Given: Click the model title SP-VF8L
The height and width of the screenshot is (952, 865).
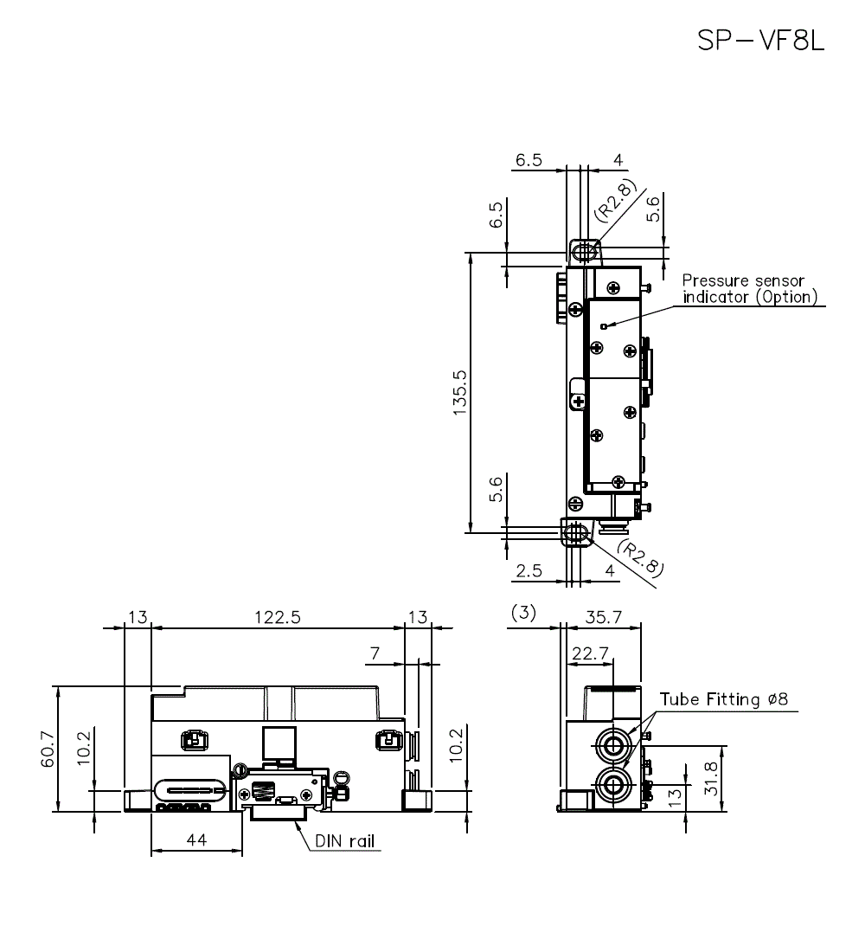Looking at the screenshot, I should [761, 41].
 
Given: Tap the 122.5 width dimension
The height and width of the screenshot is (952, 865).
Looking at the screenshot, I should [278, 617].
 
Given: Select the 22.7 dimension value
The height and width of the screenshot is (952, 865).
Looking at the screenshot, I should [587, 653].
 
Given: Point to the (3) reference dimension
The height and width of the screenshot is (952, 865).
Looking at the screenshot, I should [523, 613].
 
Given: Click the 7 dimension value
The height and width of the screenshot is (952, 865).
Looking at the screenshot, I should [374, 653].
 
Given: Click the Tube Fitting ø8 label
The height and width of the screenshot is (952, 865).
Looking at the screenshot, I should [723, 699].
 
